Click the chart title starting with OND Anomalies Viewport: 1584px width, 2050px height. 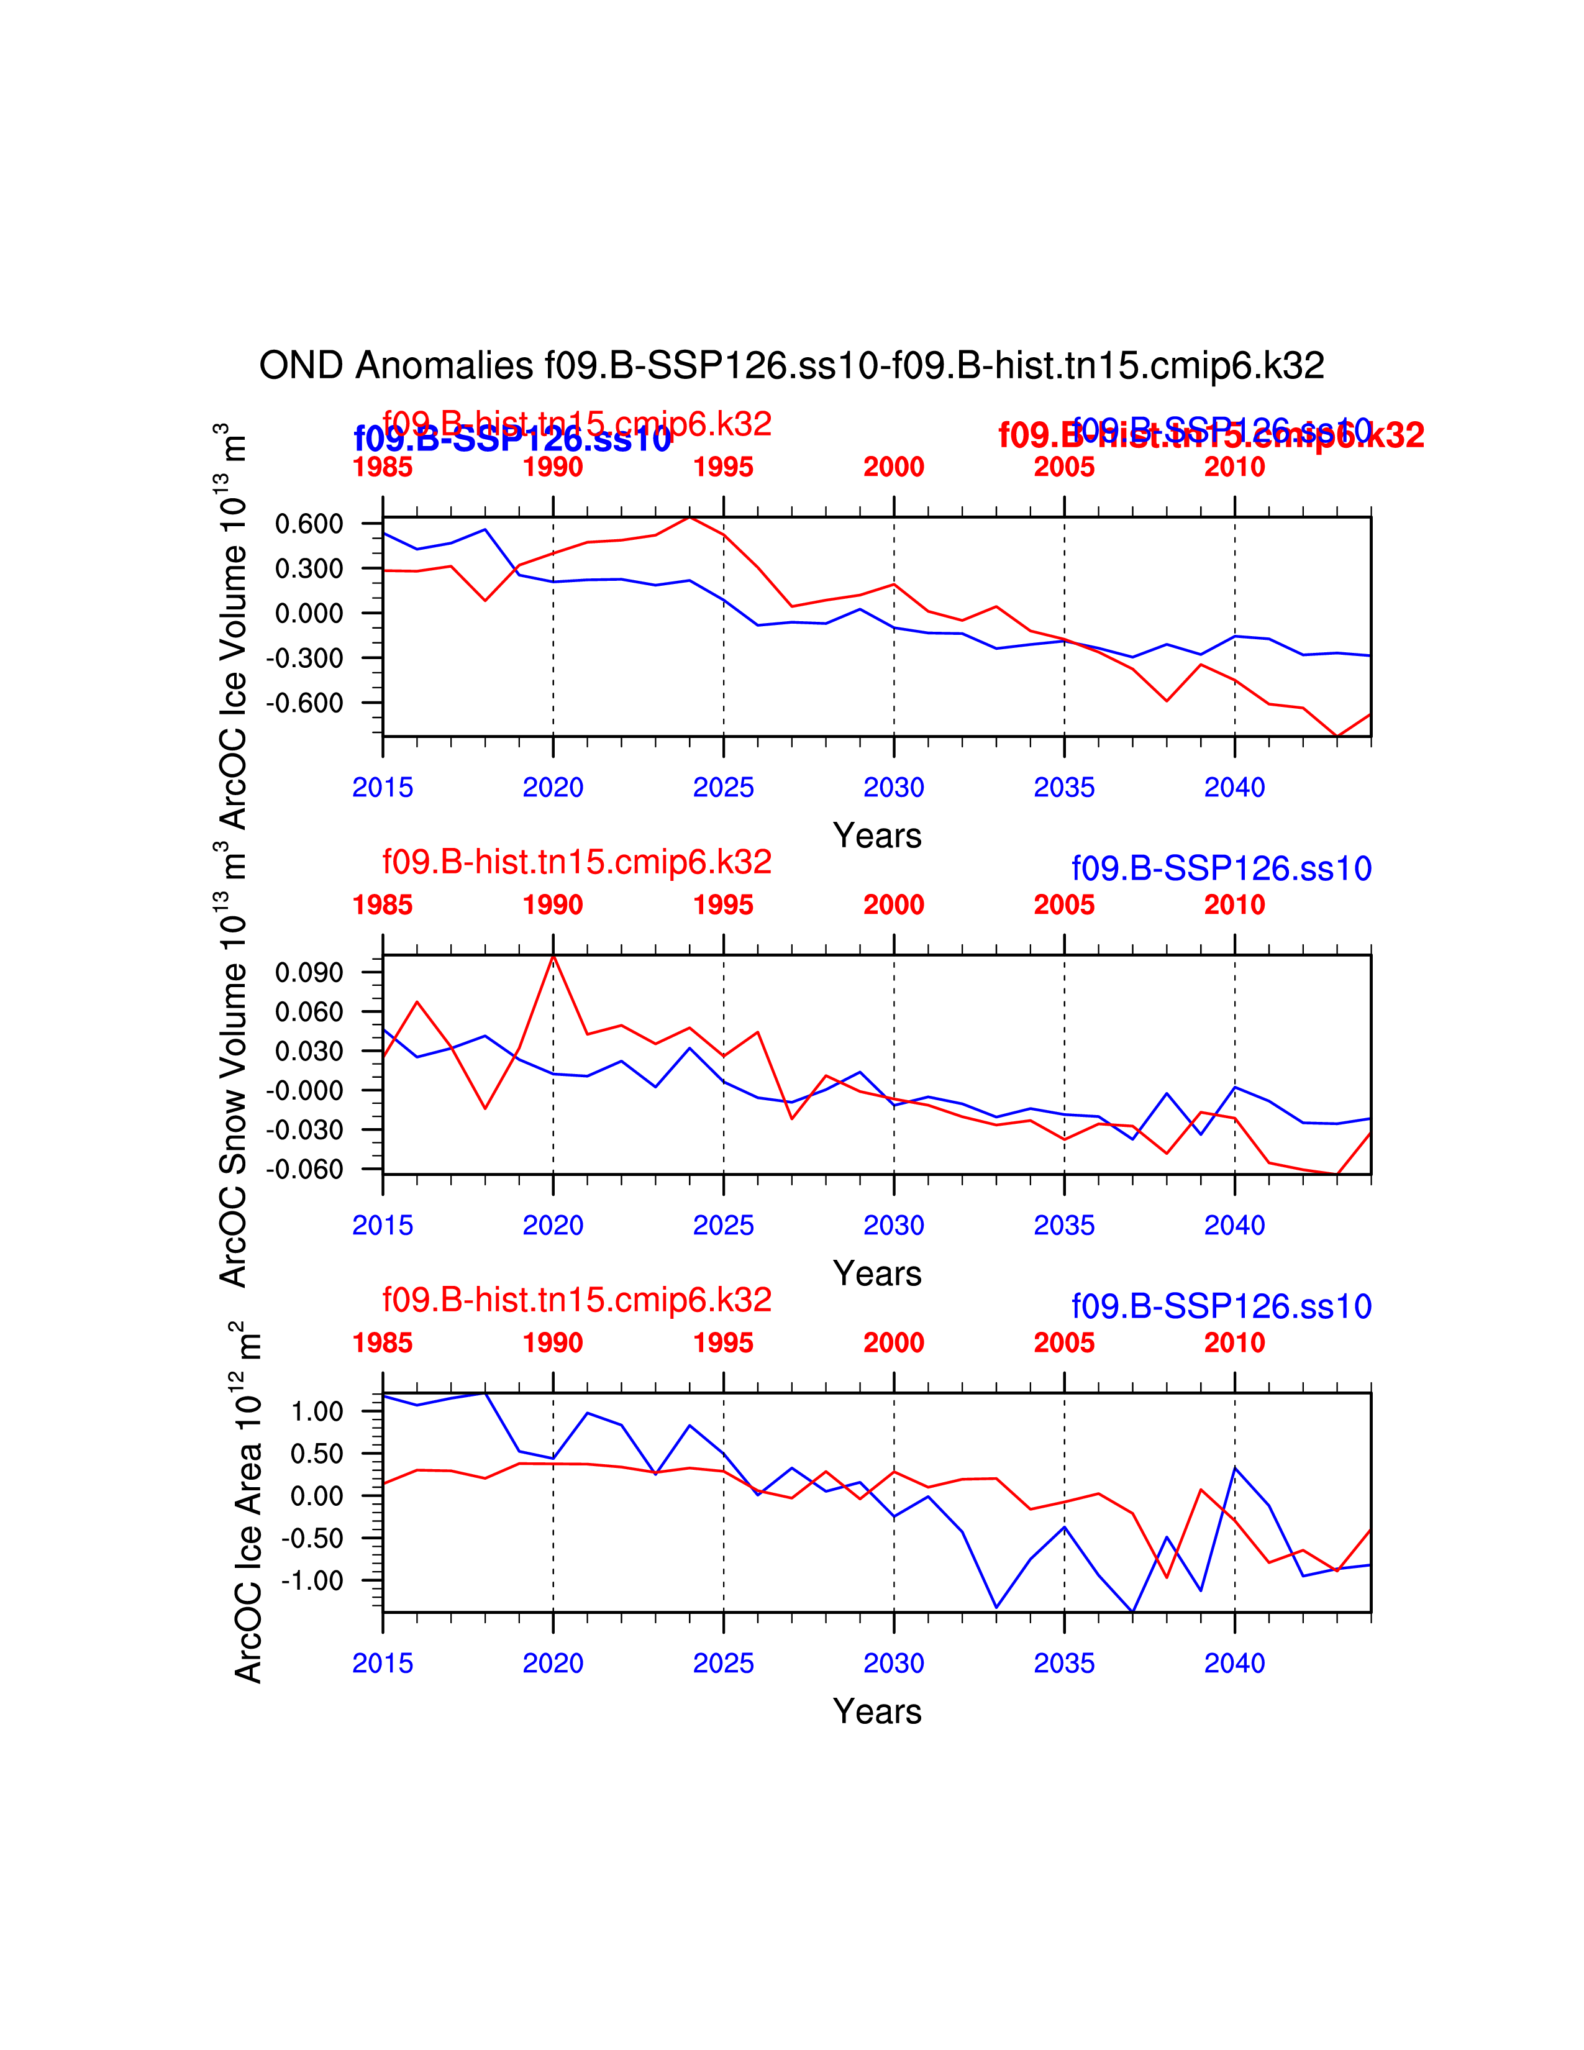pos(791,365)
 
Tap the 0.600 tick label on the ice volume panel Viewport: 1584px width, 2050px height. pos(309,524)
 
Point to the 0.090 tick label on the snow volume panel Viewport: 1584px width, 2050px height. pos(309,972)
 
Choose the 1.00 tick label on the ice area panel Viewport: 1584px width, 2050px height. pos(317,1412)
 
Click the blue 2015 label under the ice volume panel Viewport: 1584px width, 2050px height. pos(382,788)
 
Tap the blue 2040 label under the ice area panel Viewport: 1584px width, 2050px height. pos(1234,1663)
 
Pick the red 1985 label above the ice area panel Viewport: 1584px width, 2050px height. pos(382,1343)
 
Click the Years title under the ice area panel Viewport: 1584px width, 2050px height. pos(876,1711)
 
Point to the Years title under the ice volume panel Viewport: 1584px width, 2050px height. pos(876,836)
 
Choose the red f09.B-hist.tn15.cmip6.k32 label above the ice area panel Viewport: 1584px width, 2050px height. pos(576,1300)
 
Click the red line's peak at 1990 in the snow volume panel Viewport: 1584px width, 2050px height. pos(553,955)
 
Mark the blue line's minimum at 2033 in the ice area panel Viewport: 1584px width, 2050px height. pos(996,1608)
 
